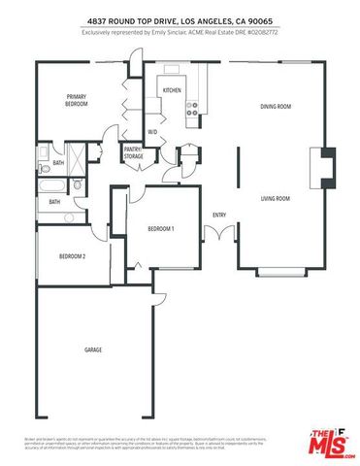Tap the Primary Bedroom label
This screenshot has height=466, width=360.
[77, 100]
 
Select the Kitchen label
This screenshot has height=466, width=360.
[173, 90]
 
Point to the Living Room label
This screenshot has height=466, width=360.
[276, 198]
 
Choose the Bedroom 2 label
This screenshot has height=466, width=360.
[72, 256]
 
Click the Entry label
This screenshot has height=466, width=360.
[218, 215]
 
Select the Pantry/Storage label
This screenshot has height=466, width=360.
[134, 152]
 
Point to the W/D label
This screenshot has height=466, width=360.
[152, 130]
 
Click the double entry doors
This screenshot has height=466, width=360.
[224, 234]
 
